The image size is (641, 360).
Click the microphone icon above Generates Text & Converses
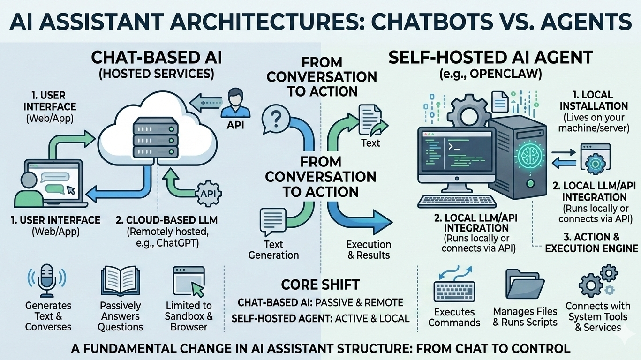tap(48, 279)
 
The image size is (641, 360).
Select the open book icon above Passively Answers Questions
tap(121, 280)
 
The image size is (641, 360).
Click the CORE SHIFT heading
tap(320, 285)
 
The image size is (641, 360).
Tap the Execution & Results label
tap(368, 250)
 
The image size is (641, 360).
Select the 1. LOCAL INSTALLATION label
tap(594, 100)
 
